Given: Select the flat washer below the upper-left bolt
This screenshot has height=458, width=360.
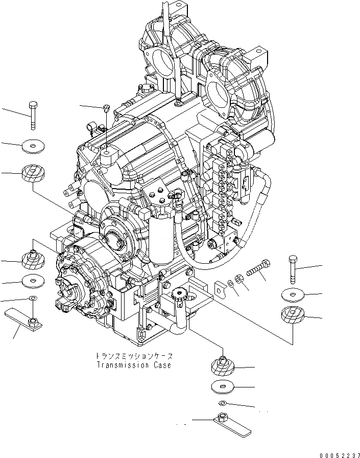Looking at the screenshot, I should point(33,147).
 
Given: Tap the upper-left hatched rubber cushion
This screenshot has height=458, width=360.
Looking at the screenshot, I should point(33,173).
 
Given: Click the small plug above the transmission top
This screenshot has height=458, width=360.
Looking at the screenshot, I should point(105,107).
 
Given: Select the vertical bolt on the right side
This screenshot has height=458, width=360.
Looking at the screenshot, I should point(293,268).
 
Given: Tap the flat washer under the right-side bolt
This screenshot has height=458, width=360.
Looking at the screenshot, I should point(293,295).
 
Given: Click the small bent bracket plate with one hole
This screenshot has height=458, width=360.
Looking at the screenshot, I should point(220,288).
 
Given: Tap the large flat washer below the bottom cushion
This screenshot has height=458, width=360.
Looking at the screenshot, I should point(222,386).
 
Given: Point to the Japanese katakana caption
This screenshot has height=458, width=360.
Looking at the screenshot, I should point(134,356).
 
